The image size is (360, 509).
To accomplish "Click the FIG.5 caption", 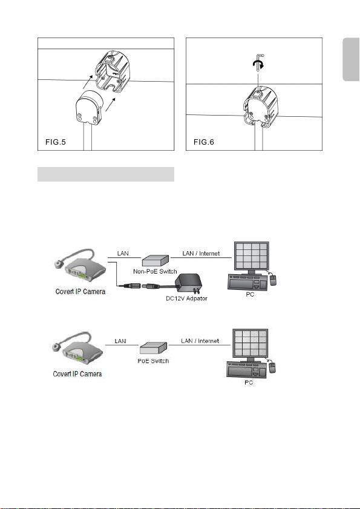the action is click(x=56, y=142).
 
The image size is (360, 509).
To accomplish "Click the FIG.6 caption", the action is click(x=204, y=142).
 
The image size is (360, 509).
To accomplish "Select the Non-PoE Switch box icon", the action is click(x=155, y=261).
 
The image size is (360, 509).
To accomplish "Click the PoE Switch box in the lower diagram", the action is click(x=153, y=348).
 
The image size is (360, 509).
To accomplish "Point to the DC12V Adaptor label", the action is click(x=186, y=298).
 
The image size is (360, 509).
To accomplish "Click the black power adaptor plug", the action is click(x=189, y=284).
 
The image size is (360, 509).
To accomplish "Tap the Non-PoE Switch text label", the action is click(x=155, y=271).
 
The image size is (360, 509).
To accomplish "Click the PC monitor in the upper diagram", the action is click(x=252, y=258).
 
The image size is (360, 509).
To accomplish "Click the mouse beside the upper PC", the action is click(x=273, y=280).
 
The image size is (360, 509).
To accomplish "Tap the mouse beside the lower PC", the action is click(x=273, y=367).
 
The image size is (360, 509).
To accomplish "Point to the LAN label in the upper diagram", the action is click(x=123, y=253).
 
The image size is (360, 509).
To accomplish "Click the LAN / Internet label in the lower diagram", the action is click(x=200, y=341).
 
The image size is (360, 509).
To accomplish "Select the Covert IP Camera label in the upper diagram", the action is click(x=80, y=292).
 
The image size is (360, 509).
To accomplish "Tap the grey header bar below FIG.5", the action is click(x=106, y=174).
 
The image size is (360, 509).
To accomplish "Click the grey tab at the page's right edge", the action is click(x=352, y=59).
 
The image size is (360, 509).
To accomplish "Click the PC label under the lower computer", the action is click(x=249, y=383).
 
